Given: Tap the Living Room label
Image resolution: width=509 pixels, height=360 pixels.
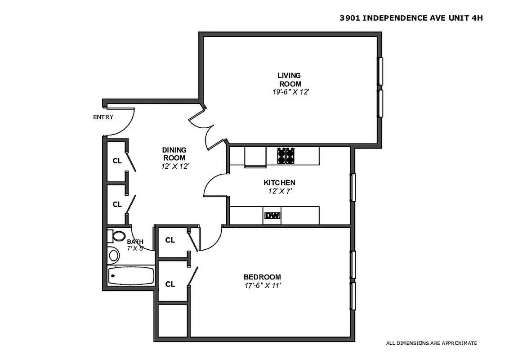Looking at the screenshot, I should [x=289, y=80].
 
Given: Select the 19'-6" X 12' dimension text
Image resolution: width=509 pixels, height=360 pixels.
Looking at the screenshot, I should [x=288, y=92].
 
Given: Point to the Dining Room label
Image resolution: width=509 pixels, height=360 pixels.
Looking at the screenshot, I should [x=174, y=154].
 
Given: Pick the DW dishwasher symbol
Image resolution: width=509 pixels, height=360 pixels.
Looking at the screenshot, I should [x=272, y=216].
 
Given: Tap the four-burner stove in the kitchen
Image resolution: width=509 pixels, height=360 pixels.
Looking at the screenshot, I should [x=286, y=156].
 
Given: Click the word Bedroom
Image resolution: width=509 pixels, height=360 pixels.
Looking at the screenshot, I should [x=262, y=277].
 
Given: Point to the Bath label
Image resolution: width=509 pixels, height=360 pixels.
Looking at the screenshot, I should [x=135, y=242].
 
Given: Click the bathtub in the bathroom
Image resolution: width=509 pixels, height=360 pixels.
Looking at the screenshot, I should [x=131, y=275].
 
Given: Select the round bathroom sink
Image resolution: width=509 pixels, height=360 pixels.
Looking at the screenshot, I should [x=114, y=256].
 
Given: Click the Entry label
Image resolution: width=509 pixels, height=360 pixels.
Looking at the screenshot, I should [x=103, y=117].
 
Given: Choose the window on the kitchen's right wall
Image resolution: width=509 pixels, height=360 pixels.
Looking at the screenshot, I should [x=353, y=187].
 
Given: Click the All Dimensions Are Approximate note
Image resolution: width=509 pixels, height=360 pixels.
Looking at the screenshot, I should [x=431, y=343].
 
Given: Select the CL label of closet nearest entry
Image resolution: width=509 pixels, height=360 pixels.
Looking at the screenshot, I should [x=117, y=161].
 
